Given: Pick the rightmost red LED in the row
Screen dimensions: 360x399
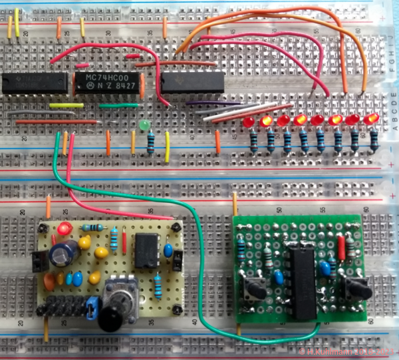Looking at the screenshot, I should tap(370, 119).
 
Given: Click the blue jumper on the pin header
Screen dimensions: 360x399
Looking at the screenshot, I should tap(90, 309).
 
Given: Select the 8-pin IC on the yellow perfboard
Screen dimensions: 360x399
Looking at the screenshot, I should tap(146, 250).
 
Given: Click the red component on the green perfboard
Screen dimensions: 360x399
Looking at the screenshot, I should tap(341, 248).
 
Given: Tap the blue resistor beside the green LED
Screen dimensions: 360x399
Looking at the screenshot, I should tap(151, 142).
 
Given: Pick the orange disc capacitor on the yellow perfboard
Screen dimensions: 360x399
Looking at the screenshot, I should tap(101, 254).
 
